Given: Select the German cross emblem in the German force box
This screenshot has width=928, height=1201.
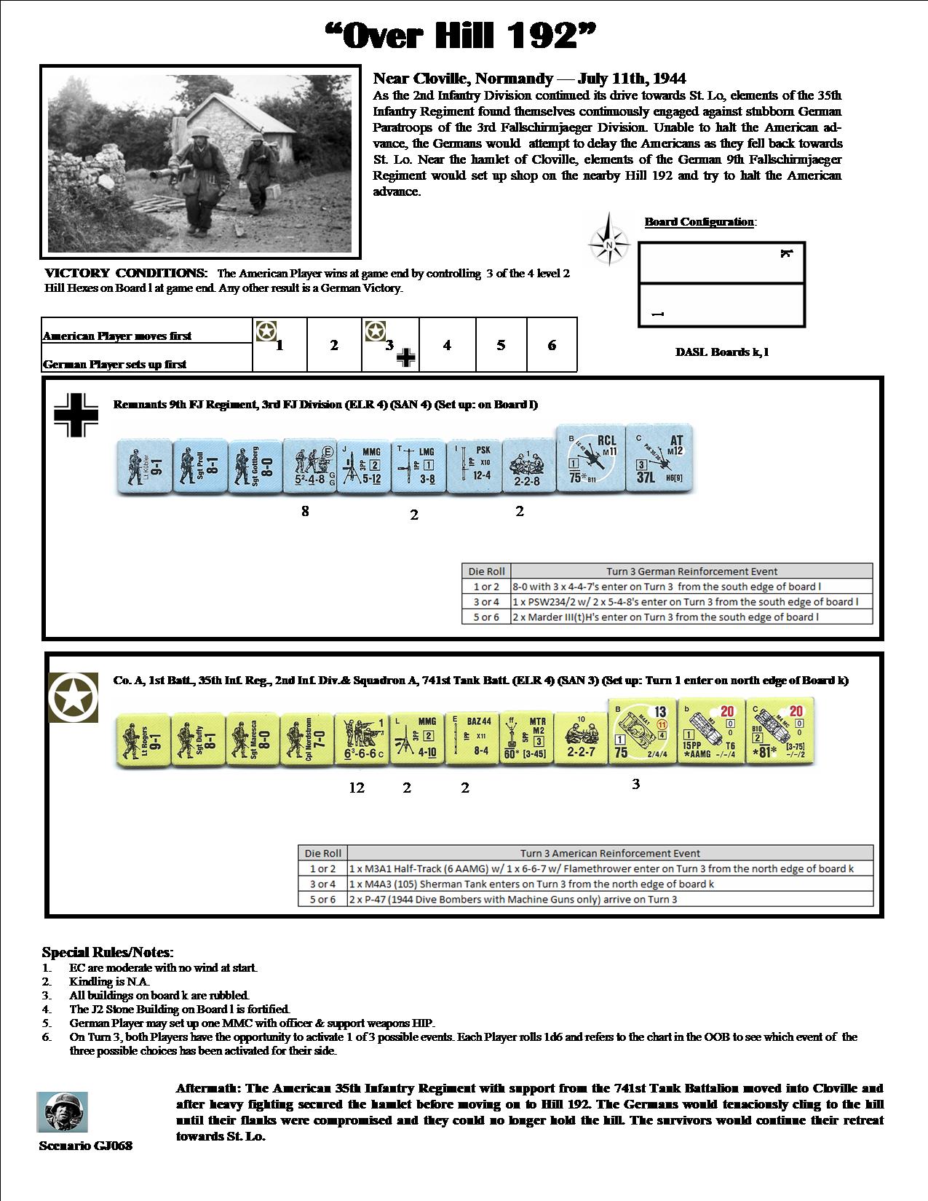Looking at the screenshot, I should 76,416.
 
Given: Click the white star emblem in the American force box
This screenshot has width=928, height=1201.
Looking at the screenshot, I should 73,697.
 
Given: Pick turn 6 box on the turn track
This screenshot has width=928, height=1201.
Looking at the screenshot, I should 552,345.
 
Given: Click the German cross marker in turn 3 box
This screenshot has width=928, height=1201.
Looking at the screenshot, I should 406,357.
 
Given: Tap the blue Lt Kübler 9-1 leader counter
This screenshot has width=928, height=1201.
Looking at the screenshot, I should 144,467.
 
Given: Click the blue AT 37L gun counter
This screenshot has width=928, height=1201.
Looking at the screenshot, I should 659,459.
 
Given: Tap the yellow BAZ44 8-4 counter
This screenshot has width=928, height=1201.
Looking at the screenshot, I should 471,738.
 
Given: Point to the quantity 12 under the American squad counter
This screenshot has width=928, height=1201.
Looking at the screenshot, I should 357,788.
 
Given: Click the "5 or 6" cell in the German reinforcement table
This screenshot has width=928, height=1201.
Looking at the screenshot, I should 485,617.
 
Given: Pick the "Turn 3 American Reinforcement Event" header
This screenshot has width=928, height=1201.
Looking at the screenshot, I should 610,853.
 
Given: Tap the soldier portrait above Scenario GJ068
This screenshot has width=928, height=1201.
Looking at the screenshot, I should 63,1111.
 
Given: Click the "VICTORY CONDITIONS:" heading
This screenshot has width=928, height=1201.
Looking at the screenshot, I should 126,274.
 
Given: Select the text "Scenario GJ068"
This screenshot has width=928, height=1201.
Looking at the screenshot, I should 86,1146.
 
